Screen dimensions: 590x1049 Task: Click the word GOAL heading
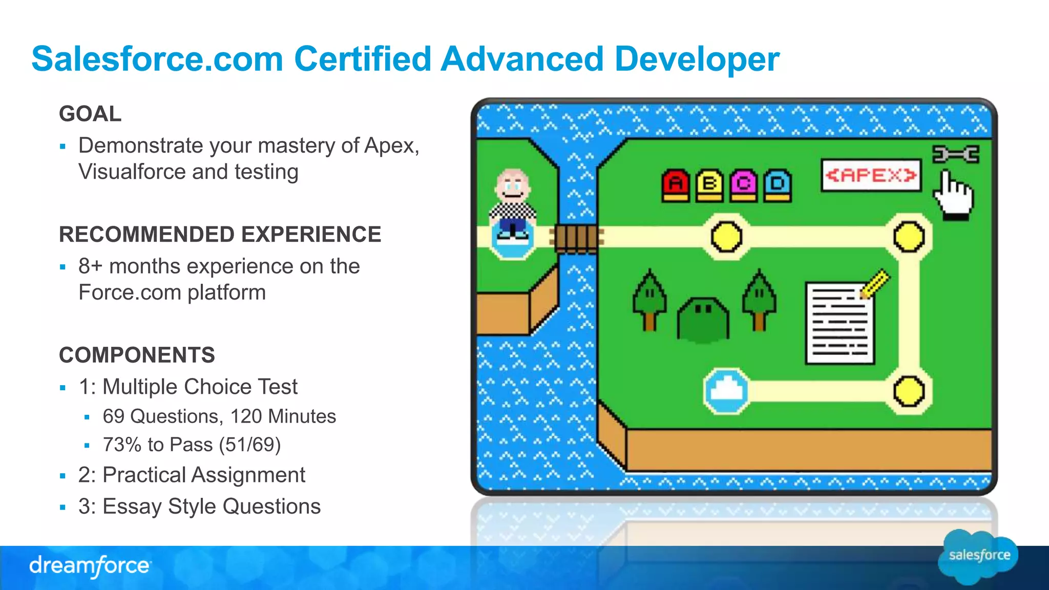[x=90, y=114]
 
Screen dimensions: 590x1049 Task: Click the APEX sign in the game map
[x=871, y=176]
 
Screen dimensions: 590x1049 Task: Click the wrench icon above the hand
[x=955, y=154]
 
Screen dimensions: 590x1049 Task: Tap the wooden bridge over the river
[x=576, y=238]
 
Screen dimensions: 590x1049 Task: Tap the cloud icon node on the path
[x=726, y=391]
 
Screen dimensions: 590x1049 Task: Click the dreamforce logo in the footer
[x=90, y=566]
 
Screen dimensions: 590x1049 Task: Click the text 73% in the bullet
[x=122, y=445]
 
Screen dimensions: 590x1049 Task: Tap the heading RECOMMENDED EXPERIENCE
[x=220, y=235]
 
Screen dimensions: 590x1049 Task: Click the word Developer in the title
[x=697, y=59]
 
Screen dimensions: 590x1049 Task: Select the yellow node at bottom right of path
[x=909, y=391]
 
